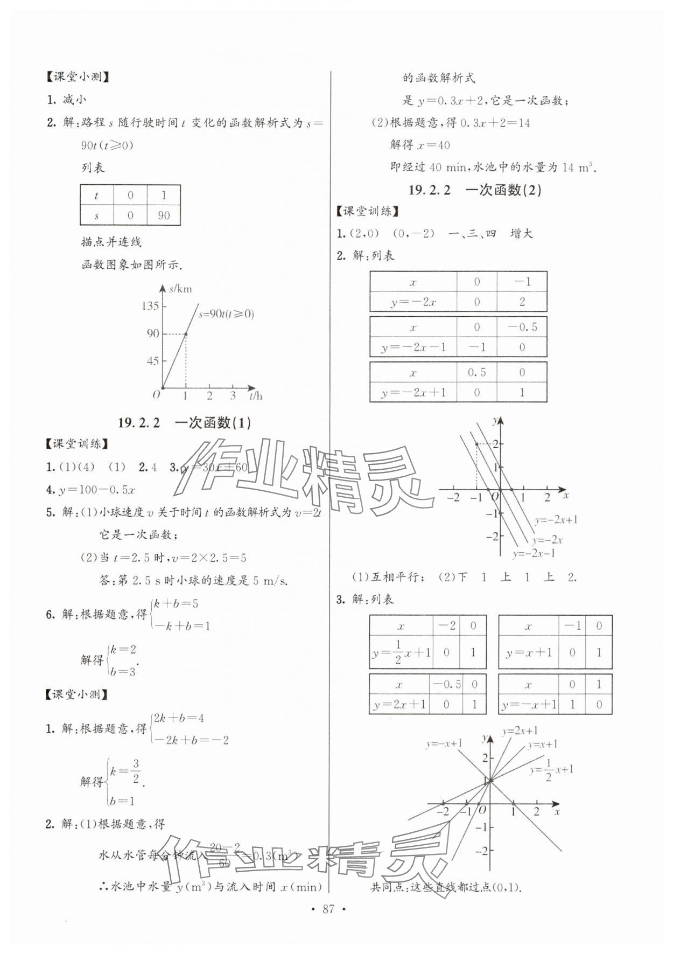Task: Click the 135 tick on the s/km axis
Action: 150,306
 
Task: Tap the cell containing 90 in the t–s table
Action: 164,215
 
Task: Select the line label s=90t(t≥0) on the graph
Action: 226,314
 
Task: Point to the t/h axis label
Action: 256,396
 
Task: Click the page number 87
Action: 328,909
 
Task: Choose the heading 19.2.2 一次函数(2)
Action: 474,190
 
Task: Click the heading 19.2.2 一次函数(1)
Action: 184,422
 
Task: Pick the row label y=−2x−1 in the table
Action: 413,347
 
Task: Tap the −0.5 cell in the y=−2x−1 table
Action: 522,327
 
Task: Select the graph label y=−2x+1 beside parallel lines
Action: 556,520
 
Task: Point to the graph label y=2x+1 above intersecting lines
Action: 520,731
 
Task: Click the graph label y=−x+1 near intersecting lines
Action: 444,743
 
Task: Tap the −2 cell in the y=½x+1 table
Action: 446,625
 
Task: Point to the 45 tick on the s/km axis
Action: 153,361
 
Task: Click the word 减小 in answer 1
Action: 74,100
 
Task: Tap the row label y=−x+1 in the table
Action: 529,704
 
